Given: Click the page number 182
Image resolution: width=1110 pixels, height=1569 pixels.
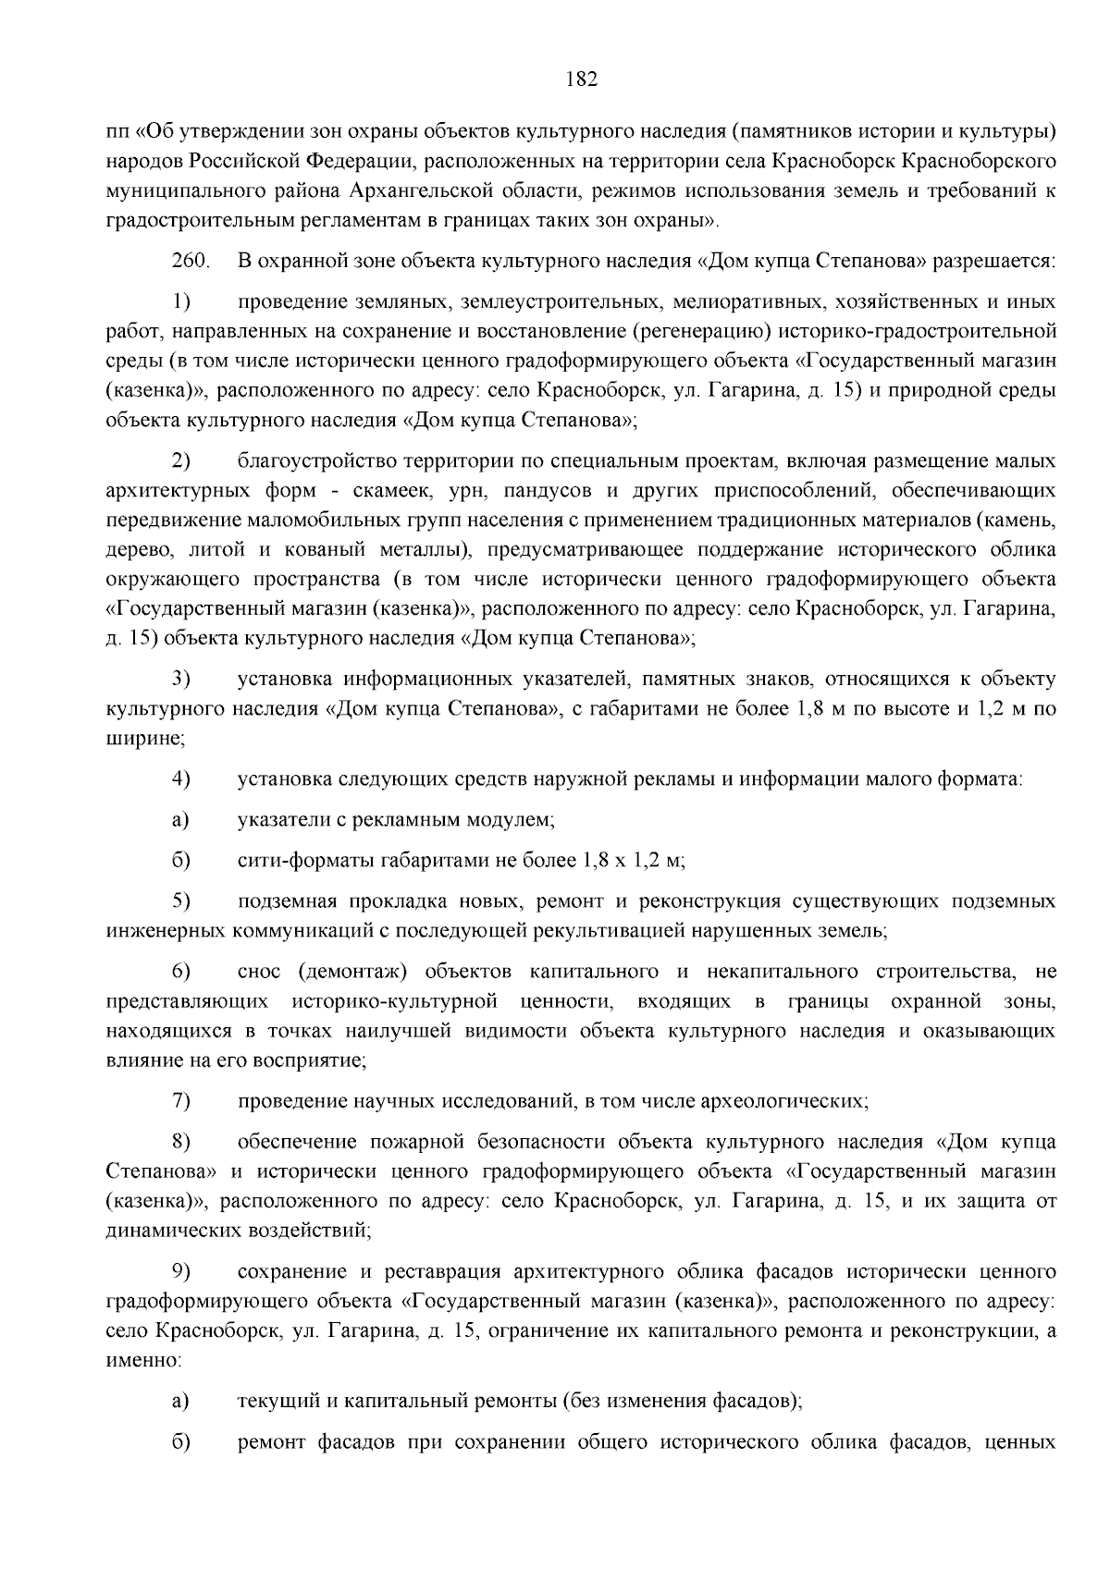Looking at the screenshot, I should point(582,80).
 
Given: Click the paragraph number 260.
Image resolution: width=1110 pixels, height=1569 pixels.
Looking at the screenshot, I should point(191,262).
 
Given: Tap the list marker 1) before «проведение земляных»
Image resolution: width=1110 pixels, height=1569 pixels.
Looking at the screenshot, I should point(181,302).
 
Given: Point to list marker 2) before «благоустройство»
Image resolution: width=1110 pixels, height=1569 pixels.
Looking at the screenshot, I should point(181,460).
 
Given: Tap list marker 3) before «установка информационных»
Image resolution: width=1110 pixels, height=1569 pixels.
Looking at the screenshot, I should point(181,680).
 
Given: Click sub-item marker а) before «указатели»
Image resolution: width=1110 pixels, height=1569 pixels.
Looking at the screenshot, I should point(180,820).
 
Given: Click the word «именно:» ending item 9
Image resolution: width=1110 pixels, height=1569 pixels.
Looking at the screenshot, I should point(144,1361).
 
